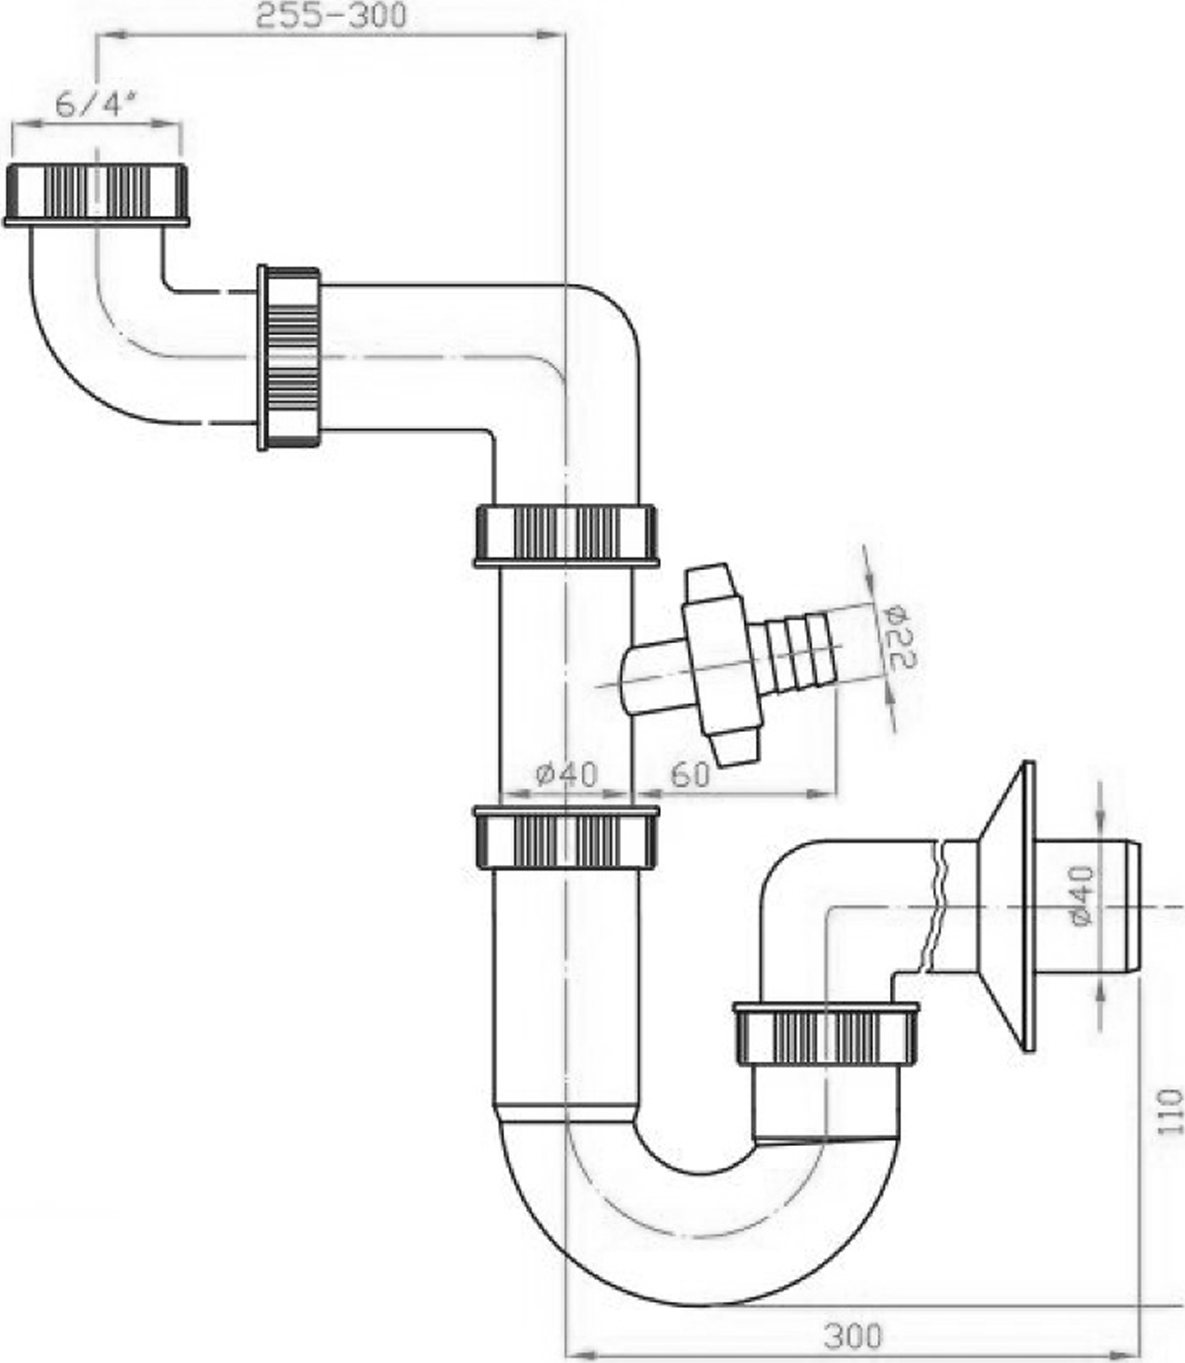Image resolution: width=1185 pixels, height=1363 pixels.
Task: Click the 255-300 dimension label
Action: [332, 16]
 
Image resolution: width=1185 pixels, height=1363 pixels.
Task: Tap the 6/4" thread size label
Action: [96, 105]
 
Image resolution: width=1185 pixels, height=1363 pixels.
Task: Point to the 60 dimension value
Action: [690, 775]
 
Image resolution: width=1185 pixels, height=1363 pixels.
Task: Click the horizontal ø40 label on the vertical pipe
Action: [567, 774]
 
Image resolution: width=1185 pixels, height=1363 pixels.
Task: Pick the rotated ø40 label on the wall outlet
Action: [1081, 896]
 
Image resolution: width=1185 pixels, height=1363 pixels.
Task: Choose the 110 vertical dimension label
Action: [1170, 1111]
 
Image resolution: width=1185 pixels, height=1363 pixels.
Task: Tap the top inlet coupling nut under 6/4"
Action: [97, 194]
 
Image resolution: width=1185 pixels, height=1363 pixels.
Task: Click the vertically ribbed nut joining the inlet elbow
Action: [289, 358]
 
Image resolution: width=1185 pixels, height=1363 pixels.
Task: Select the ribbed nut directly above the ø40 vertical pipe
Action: [566, 536]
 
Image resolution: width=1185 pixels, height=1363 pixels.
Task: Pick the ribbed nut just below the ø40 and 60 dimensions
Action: [566, 837]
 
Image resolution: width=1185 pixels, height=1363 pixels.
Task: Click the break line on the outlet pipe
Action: [935, 907]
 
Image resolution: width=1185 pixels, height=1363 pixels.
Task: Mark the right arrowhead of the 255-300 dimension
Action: [549, 35]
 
